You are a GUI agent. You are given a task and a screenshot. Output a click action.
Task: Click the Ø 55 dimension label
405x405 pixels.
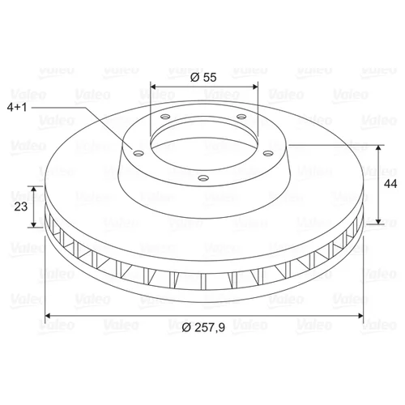[203, 78]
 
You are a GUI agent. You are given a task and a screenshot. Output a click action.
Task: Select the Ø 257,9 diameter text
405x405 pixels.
[203, 327]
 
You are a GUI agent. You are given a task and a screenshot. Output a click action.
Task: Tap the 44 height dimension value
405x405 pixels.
[390, 184]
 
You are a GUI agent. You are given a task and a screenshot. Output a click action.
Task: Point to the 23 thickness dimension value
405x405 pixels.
[21, 207]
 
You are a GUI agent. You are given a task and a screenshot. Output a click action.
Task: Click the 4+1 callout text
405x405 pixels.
[17, 108]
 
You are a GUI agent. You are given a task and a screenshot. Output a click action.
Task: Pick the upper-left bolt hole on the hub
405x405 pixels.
[165, 117]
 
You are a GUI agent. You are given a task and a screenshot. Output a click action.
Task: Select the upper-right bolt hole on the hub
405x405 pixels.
[241, 117]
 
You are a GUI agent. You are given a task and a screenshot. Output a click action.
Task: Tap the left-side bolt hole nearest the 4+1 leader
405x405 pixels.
[139, 153]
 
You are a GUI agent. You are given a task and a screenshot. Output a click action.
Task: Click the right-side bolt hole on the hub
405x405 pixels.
[268, 153]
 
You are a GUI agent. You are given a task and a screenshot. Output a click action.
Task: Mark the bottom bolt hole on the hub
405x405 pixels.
[203, 178]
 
